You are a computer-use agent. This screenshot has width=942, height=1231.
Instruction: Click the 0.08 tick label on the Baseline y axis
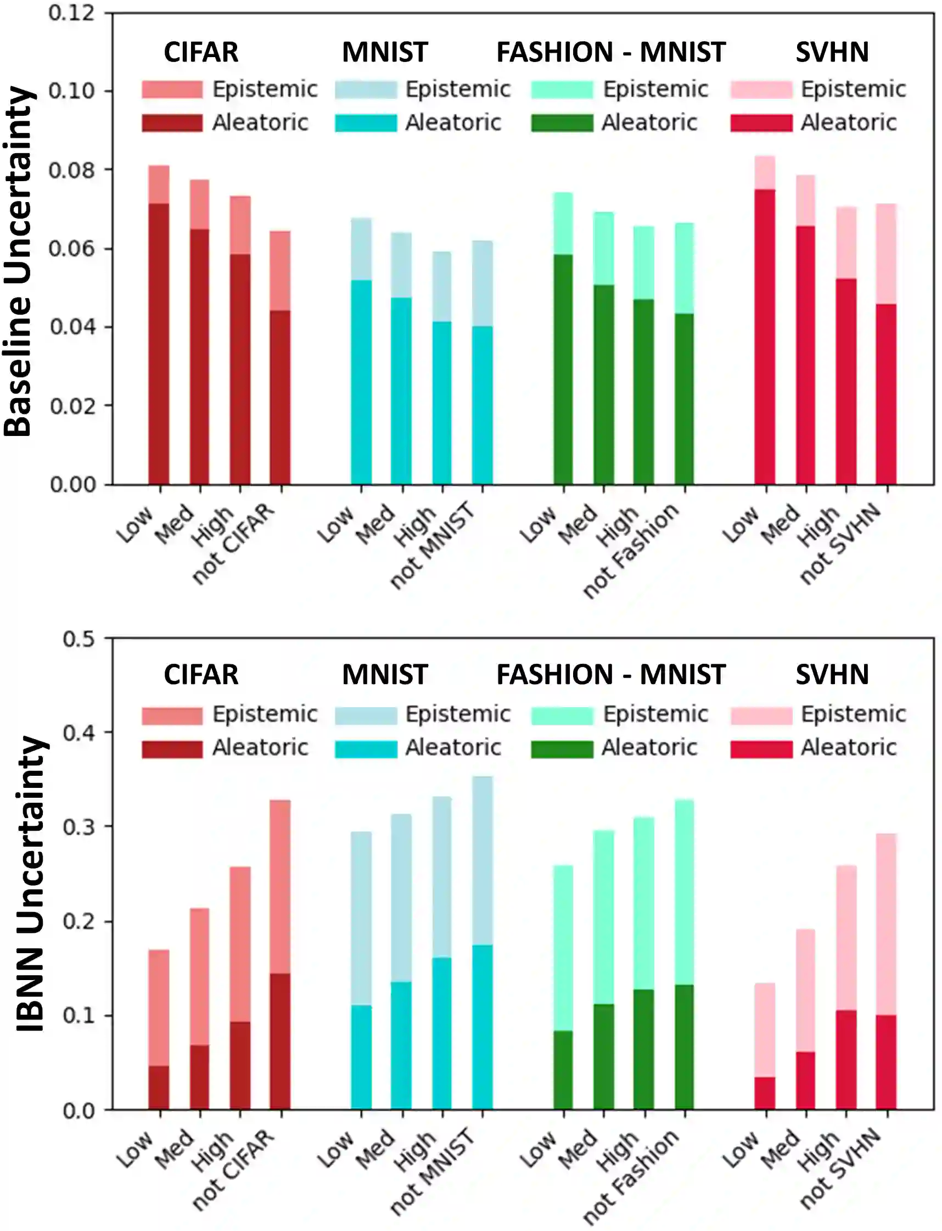(71, 170)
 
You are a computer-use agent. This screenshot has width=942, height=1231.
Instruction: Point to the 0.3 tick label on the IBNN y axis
(78, 827)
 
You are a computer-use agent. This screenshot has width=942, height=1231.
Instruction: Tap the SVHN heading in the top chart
(832, 52)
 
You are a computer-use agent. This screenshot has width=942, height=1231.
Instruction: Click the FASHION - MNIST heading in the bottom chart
(610, 675)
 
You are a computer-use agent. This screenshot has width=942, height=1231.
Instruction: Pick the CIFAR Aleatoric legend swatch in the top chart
(172, 123)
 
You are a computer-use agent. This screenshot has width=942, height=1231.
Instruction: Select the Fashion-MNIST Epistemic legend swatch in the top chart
(562, 89)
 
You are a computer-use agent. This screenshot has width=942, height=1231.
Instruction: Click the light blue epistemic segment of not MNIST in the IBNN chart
(482, 860)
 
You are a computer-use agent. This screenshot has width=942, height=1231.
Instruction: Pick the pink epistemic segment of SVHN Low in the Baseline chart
(765, 173)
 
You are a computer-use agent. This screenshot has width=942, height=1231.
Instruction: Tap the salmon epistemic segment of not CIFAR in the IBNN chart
(281, 886)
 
